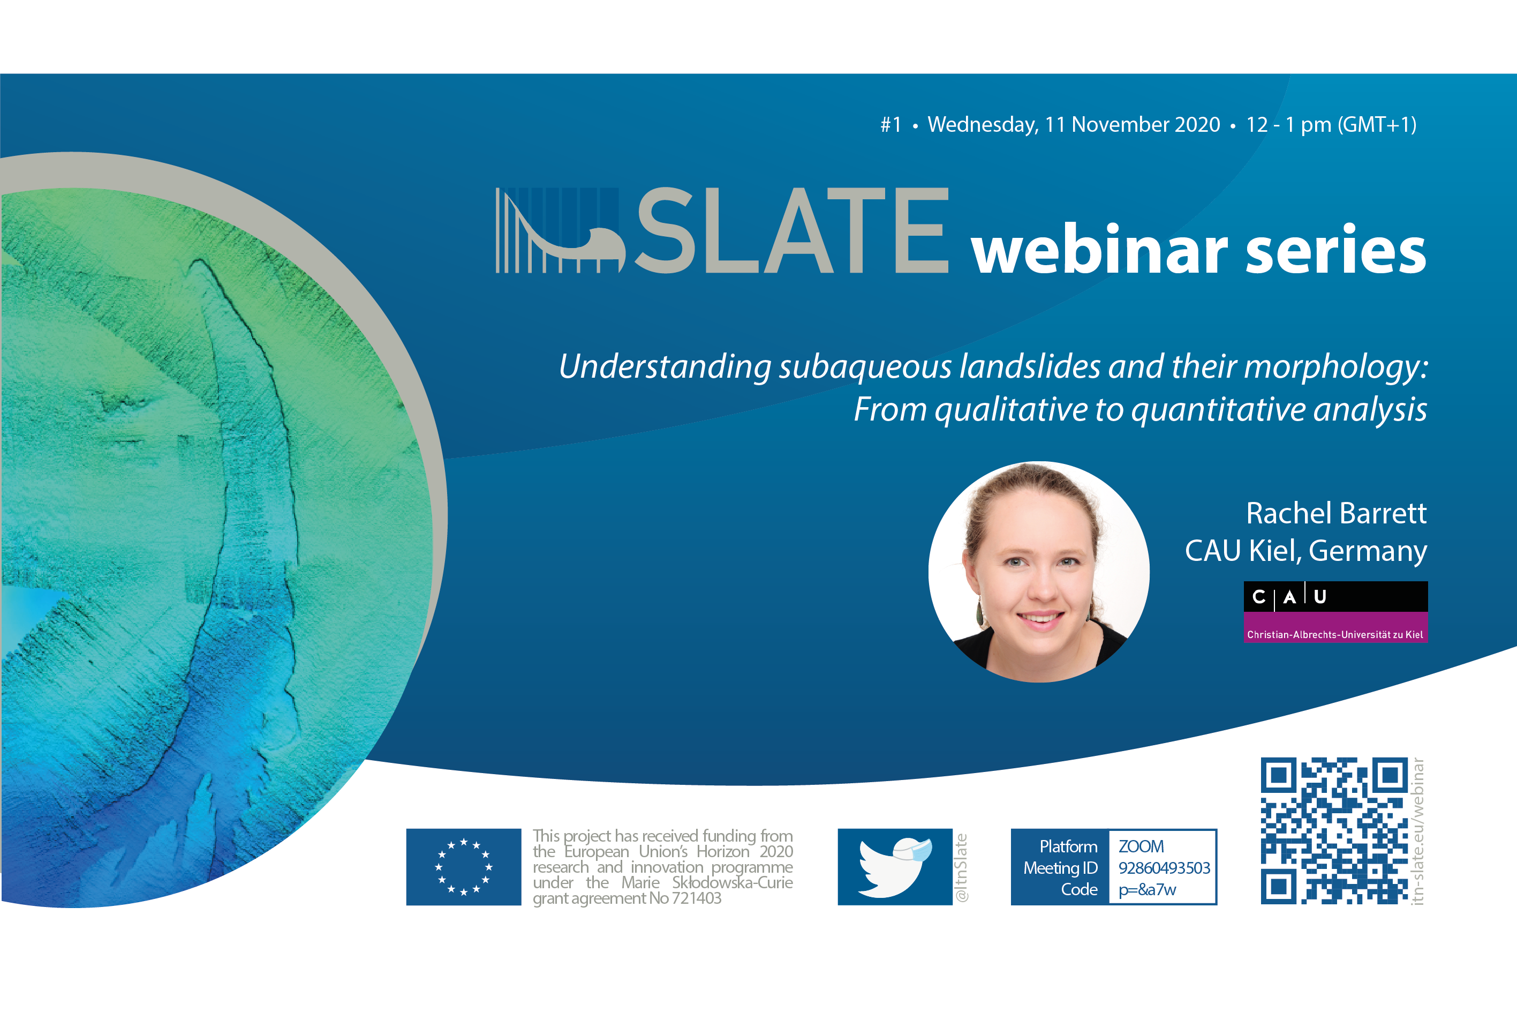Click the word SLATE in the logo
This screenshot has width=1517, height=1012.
[x=792, y=230]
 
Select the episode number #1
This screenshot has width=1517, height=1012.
[x=890, y=125]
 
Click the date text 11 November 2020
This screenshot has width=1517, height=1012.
[x=1133, y=125]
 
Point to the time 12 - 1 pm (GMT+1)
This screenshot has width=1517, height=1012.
[x=1331, y=125]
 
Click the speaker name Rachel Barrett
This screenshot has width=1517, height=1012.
[x=1337, y=513]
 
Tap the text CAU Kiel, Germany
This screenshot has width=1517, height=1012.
[x=1306, y=551]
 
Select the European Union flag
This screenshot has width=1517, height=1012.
[x=464, y=867]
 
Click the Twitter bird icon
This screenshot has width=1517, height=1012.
[x=895, y=867]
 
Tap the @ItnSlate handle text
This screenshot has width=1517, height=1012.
[x=961, y=867]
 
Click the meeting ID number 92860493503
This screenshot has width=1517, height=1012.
[x=1164, y=868]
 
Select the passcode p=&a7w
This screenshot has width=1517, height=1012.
[x=1147, y=890]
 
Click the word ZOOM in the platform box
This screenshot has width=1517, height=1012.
[x=1141, y=846]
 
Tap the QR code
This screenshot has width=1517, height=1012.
[x=1334, y=830]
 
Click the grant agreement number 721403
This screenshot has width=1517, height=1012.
[x=697, y=898]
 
